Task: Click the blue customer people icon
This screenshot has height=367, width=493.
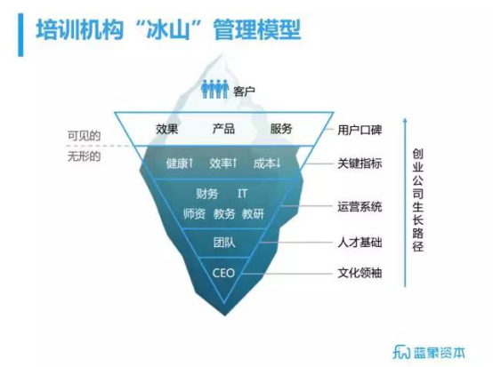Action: pyautogui.click(x=214, y=89)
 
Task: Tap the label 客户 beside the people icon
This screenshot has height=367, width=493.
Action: pyautogui.click(x=244, y=92)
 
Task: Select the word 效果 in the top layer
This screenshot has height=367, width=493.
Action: pyautogui.click(x=167, y=129)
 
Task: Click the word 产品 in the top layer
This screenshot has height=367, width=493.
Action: pyautogui.click(x=223, y=129)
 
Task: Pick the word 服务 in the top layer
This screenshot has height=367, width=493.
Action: pyautogui.click(x=281, y=129)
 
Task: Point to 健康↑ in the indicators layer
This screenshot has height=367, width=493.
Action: pyautogui.click(x=180, y=164)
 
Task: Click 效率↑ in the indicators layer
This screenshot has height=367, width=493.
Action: pyautogui.click(x=223, y=164)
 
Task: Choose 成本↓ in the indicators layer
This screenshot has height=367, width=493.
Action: pyautogui.click(x=267, y=164)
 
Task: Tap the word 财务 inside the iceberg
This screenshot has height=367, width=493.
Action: pyautogui.click(x=206, y=194)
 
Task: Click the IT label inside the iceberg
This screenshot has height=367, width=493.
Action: pyautogui.click(x=242, y=194)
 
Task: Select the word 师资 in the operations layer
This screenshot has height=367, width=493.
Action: pyautogui.click(x=194, y=214)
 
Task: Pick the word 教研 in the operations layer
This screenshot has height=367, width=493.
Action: pyautogui.click(x=253, y=214)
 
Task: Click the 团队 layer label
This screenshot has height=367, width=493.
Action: pyautogui.click(x=224, y=243)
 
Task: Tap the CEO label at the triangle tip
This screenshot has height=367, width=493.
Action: pyautogui.click(x=223, y=273)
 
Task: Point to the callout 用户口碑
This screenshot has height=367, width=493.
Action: pyautogui.click(x=360, y=130)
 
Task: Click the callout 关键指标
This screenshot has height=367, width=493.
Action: pyautogui.click(x=360, y=164)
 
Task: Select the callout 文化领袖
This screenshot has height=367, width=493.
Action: pyautogui.click(x=360, y=273)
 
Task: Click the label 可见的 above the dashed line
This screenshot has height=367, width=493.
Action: pyautogui.click(x=84, y=136)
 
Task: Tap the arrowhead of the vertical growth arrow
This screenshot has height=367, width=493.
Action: pyautogui.click(x=405, y=120)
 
